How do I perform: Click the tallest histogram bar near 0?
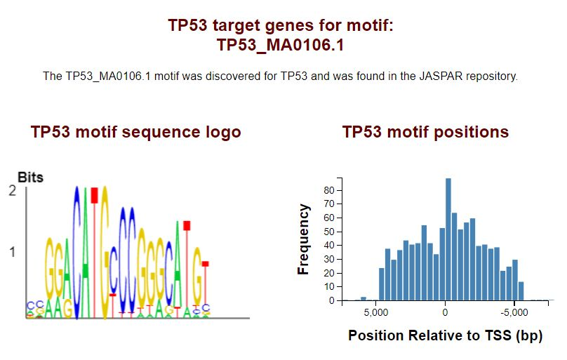[x=448, y=239]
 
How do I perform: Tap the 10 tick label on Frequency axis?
[x=329, y=287]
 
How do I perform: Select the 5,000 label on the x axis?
[x=375, y=313]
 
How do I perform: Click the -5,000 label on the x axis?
[x=514, y=313]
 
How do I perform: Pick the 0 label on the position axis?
[x=445, y=313]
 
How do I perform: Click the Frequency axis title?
[x=303, y=239]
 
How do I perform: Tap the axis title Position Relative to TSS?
[x=446, y=335]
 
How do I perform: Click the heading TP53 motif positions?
[x=426, y=132]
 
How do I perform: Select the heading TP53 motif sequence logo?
[x=136, y=133]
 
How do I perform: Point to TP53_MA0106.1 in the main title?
[x=280, y=45]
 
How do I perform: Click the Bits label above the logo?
[x=30, y=178]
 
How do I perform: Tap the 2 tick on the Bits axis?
[x=13, y=191]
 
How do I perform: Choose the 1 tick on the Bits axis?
[x=13, y=252]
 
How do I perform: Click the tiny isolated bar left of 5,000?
[x=363, y=298]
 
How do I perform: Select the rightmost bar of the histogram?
[x=521, y=291]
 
